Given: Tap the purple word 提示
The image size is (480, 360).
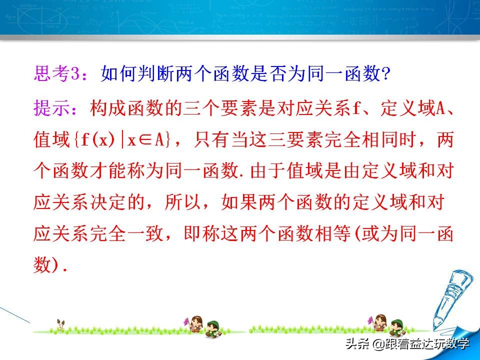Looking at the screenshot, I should tap(50, 107).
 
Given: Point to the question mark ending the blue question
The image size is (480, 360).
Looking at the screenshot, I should tap(385, 74).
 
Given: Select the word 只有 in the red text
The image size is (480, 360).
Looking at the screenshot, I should tap(220, 140).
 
